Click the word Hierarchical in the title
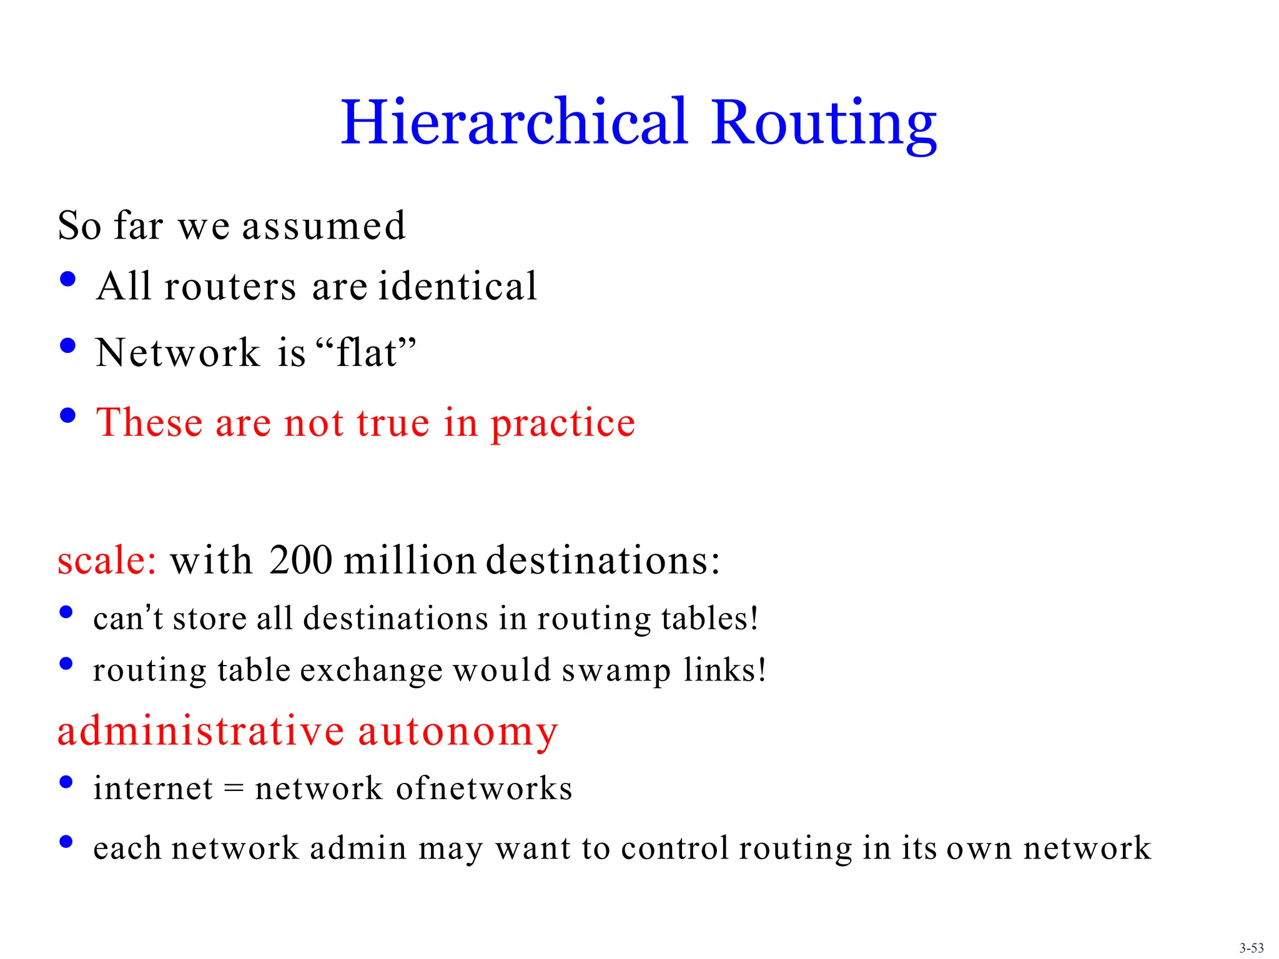pos(514,123)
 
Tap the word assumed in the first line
pos(323,226)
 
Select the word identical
pos(457,287)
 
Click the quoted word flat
pos(367,353)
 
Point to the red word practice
pos(563,424)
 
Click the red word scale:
pos(107,560)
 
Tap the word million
pos(410,560)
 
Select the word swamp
pos(616,671)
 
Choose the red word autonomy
pos(457,732)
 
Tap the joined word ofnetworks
pos(484,788)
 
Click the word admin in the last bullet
pos(358,848)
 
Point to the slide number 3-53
pos(1251,948)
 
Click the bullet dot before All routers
pos(67,279)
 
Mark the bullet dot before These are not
pos(67,415)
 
